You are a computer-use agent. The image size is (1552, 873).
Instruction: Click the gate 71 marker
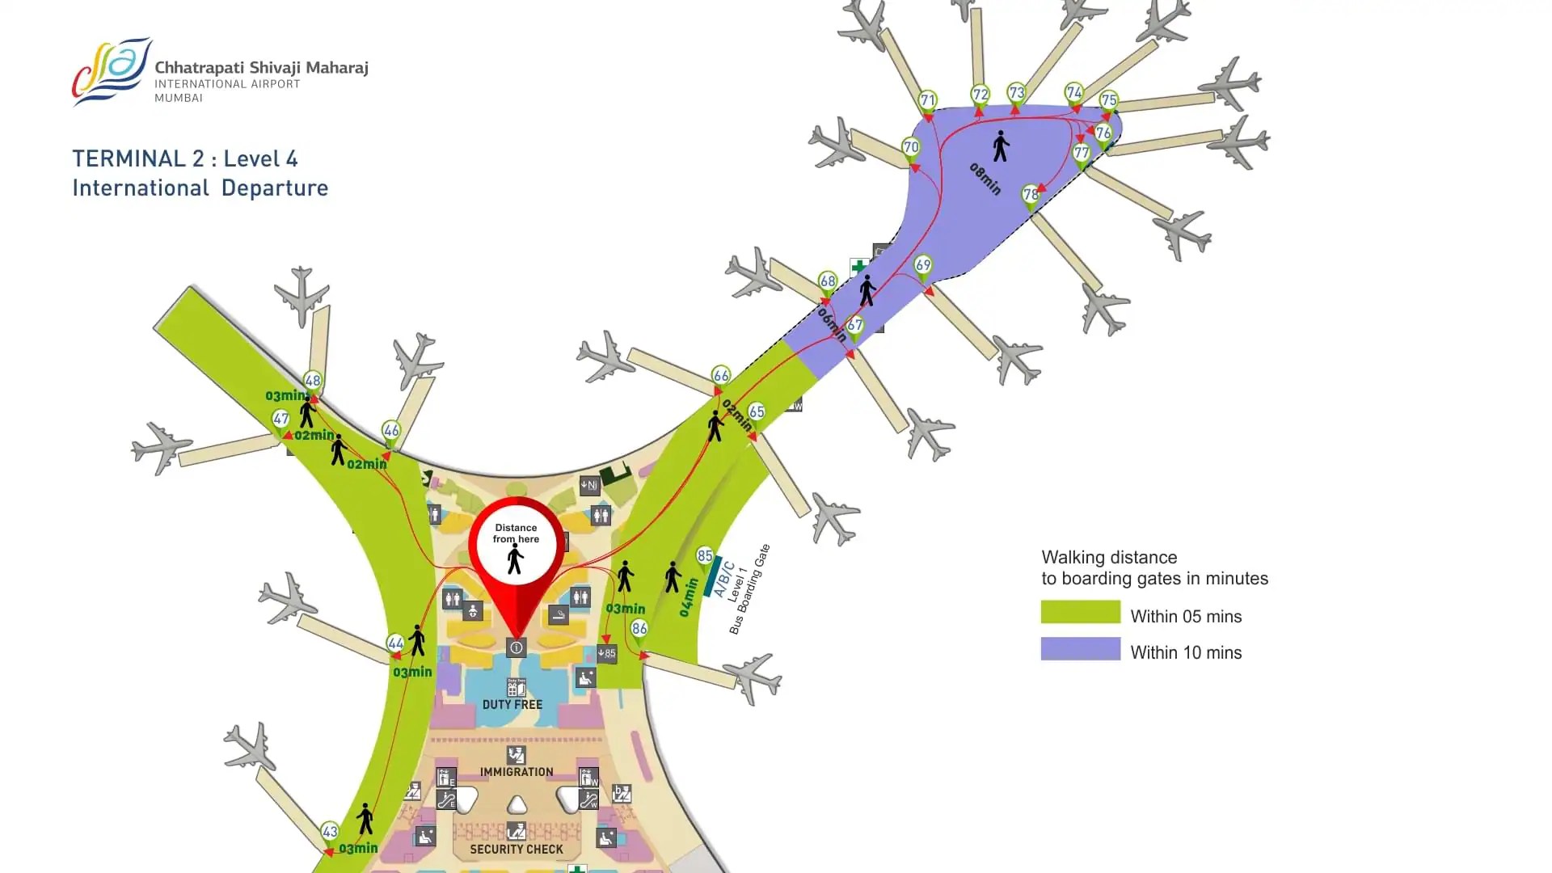(x=927, y=102)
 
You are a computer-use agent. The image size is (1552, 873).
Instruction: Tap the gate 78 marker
(x=1030, y=195)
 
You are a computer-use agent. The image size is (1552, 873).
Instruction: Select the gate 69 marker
(x=922, y=266)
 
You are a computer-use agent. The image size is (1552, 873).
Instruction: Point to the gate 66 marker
(x=720, y=376)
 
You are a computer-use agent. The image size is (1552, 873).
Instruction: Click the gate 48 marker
(x=313, y=382)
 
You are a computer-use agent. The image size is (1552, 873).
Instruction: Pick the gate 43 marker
(x=330, y=832)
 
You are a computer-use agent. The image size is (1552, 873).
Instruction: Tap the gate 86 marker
(x=639, y=630)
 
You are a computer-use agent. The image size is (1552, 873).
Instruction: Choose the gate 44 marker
(x=395, y=644)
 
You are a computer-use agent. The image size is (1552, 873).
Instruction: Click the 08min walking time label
(x=985, y=179)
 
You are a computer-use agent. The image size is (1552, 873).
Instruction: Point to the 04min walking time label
(x=687, y=597)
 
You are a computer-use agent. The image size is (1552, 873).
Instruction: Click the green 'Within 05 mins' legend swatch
(x=1080, y=612)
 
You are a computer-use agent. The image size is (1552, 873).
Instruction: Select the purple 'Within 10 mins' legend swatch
(x=1080, y=649)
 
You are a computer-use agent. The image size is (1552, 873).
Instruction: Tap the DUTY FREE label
(x=512, y=705)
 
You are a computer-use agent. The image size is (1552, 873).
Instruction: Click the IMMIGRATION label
(x=517, y=772)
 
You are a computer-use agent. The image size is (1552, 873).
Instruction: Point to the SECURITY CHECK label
(x=517, y=850)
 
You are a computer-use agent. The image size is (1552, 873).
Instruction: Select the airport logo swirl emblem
(x=112, y=71)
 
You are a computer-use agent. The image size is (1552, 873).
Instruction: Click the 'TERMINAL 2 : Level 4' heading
(x=185, y=158)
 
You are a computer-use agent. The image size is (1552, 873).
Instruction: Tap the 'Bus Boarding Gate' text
(x=750, y=589)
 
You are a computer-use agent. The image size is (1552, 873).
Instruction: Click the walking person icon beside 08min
(x=1001, y=146)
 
